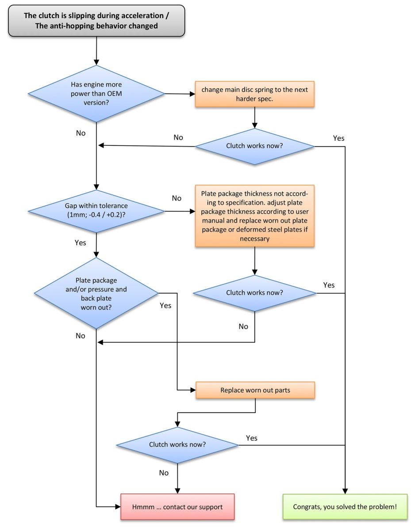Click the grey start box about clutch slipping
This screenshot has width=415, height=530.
tap(96, 21)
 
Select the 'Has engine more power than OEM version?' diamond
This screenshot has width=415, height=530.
tap(96, 94)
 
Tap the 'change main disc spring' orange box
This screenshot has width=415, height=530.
tap(254, 94)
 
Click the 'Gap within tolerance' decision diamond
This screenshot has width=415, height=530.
tap(96, 211)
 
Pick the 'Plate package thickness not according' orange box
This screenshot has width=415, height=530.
tap(254, 216)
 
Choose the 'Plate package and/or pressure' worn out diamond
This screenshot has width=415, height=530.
tap(96, 293)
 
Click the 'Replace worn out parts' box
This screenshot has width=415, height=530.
tap(255, 390)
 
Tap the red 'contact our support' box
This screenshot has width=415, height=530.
tap(177, 507)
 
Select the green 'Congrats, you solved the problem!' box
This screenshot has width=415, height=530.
tap(345, 507)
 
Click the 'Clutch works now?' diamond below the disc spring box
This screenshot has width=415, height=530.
tap(254, 146)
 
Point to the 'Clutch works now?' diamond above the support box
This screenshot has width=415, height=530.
tap(177, 445)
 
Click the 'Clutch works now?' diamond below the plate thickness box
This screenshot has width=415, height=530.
tap(254, 293)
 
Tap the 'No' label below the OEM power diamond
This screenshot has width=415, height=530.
tap(81, 133)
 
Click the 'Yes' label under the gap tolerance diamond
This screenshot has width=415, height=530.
tap(81, 242)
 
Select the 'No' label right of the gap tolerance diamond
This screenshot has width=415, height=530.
tap(177, 198)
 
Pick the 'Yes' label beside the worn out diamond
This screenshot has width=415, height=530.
tap(165, 306)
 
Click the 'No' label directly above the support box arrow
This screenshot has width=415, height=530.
tap(164, 473)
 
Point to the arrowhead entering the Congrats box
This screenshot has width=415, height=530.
tap(345, 491)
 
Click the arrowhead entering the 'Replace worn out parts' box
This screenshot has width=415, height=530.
tap(193, 390)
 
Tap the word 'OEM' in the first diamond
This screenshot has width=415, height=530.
tap(114, 94)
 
